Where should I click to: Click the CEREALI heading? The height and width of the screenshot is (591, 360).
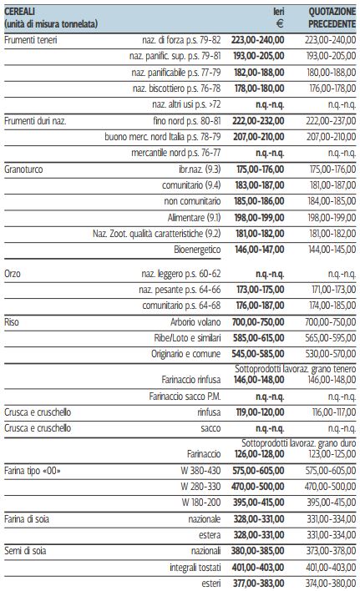19,12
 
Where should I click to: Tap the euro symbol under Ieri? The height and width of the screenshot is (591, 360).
280,23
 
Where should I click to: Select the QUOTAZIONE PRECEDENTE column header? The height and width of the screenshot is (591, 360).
332,18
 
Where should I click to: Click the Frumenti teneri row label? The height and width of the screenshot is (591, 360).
31,40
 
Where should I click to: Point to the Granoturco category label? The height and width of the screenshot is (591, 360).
23,169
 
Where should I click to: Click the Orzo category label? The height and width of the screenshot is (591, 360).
13,274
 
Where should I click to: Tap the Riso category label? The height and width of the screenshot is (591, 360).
12,322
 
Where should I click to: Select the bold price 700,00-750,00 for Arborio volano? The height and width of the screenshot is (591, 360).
258,322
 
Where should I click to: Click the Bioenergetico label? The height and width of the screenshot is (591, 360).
197,250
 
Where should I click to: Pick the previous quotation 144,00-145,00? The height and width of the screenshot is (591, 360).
332,250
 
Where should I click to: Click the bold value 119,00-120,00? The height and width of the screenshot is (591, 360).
260,412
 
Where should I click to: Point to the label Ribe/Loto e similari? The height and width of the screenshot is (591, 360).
187,338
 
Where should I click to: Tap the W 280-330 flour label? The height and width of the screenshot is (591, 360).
200,487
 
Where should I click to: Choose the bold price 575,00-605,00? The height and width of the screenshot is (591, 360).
258,471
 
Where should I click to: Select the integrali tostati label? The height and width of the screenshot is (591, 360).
195,568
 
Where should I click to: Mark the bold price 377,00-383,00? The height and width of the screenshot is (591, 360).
259,583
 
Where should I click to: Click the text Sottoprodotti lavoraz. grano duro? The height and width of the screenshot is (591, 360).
298,443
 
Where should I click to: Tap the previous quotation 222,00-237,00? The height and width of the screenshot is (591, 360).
331,121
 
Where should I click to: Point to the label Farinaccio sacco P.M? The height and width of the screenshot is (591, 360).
185,397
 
